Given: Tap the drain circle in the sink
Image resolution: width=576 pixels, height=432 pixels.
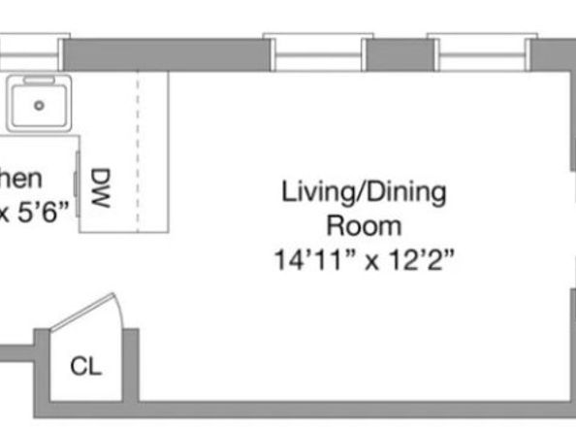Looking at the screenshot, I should click(40, 105).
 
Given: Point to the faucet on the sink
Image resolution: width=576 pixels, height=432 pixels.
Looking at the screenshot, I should click(39, 81).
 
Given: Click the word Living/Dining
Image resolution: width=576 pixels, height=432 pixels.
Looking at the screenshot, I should click(364, 191).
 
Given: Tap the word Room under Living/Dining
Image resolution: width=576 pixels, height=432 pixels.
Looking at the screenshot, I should click(364, 226).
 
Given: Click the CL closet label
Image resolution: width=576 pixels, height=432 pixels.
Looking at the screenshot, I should click(86, 368).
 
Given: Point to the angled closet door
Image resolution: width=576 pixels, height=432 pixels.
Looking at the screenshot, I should click(85, 312).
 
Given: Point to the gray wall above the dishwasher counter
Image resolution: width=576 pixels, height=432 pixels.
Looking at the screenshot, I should click(160, 54).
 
